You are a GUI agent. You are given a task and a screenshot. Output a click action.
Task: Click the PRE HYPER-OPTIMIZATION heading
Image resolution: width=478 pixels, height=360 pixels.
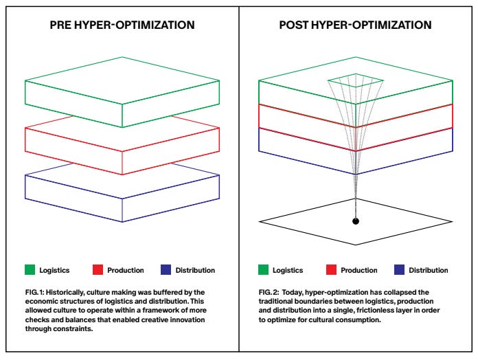click(122, 25)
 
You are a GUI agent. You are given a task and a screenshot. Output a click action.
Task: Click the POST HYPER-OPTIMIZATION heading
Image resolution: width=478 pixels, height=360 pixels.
click(355, 25)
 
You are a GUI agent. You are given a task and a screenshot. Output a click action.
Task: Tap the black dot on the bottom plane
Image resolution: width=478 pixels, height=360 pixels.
click(355, 221)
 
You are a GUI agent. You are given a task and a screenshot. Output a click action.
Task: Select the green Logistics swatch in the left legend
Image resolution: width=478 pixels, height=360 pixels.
click(30, 270)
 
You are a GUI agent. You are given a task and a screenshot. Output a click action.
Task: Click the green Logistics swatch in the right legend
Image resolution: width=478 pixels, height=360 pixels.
click(263, 270)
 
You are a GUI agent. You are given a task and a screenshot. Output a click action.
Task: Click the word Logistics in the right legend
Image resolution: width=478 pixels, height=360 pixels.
click(288, 270)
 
